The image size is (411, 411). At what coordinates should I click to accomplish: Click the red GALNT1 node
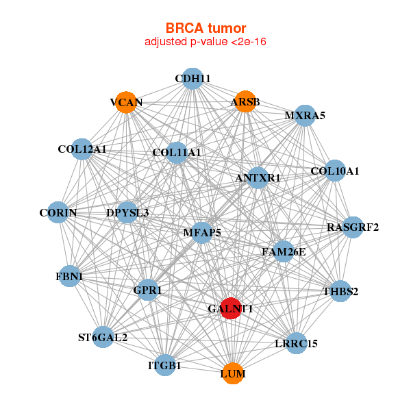[x=232, y=308]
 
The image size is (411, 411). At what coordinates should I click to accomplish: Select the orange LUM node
[x=233, y=373]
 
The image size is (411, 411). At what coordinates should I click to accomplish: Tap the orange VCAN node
[x=126, y=103]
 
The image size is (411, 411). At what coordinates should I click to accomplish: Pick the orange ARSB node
[x=245, y=102]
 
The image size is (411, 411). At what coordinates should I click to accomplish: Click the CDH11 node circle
[x=192, y=79]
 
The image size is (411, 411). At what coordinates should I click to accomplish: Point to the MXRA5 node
[x=305, y=115]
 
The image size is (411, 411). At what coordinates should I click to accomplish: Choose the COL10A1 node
[x=334, y=171]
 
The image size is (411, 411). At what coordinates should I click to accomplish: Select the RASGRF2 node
[x=353, y=227]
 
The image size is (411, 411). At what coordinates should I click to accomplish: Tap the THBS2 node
[x=340, y=291]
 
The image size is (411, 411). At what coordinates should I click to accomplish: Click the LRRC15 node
[x=296, y=342]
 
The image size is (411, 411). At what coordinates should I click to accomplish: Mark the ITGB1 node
[x=164, y=365]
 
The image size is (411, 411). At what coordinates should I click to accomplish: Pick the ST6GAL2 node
[x=103, y=336]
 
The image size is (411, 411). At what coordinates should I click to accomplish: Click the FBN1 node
[x=69, y=276]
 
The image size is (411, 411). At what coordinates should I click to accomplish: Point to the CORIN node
[x=58, y=213]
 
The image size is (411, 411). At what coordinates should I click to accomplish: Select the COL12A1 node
[x=82, y=149]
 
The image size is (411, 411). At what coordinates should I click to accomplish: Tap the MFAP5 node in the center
[x=202, y=232]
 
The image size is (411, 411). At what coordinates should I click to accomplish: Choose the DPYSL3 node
[x=127, y=212]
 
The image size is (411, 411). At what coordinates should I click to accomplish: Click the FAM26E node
[x=284, y=251]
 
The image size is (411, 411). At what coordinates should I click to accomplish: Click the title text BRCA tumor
[x=206, y=28]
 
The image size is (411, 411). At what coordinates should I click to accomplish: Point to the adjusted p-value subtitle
[x=206, y=42]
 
